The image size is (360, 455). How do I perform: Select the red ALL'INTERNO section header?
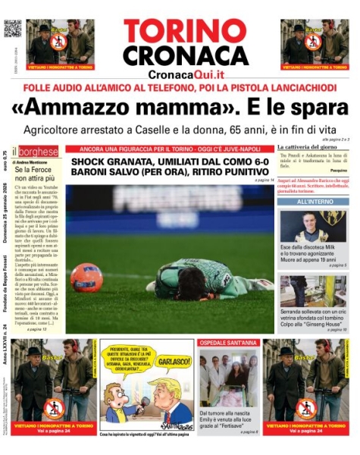point(312,202)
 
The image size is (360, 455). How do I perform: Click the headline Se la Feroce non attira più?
point(35,177)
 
